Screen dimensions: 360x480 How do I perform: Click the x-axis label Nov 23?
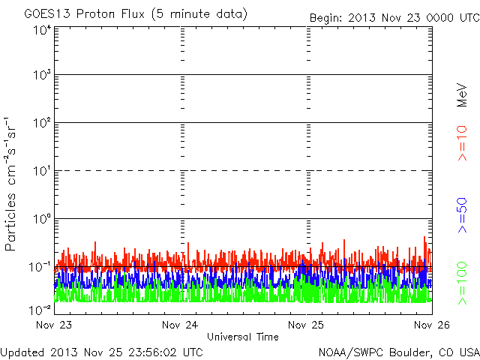point(54,325)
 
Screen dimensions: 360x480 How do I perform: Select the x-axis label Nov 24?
point(180,325)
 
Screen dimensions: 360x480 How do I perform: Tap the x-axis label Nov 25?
point(306,325)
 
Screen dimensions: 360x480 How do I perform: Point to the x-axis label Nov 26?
point(432,325)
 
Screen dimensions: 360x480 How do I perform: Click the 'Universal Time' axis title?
point(242,337)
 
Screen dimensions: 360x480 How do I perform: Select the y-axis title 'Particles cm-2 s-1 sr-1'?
point(13,184)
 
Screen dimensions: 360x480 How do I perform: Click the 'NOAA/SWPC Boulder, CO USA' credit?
point(398,352)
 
